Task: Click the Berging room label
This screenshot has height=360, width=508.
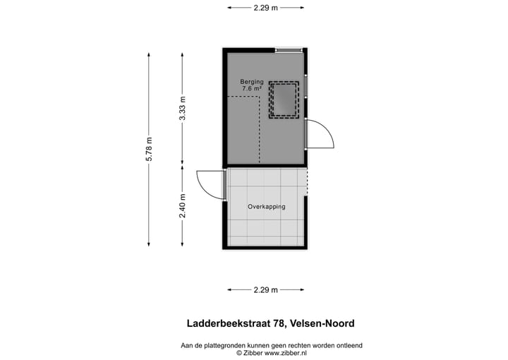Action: point(252,82)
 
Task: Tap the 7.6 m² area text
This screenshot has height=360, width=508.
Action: point(252,90)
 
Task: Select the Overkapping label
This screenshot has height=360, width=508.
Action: point(266,207)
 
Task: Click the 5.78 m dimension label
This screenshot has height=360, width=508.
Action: point(149,149)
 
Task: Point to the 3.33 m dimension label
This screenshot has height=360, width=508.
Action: point(182,108)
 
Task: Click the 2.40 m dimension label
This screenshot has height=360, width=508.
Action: point(182,205)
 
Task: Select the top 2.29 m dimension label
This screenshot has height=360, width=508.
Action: point(265,8)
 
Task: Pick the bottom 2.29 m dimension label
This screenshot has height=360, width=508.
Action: point(265,289)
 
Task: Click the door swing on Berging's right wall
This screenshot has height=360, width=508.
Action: point(319,134)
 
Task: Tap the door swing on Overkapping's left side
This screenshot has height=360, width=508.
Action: point(210,184)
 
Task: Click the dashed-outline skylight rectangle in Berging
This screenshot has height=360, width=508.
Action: point(284,100)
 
